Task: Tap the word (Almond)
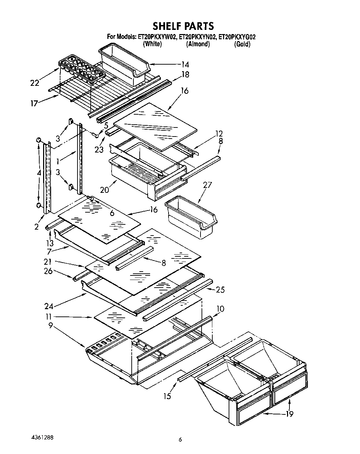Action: pos(198,44)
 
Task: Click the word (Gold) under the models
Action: pos(242,44)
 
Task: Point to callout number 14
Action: pos(185,64)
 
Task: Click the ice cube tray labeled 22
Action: pos(82,69)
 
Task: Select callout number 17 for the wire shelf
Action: pos(34,104)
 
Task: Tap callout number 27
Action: pos(207,185)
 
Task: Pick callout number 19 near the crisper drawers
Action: pos(289,414)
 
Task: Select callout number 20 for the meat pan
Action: pos(105,190)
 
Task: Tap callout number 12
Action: pos(219,134)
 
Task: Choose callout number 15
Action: pos(167,396)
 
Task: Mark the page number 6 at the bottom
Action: pos(180,439)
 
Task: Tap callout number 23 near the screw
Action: pos(99,150)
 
